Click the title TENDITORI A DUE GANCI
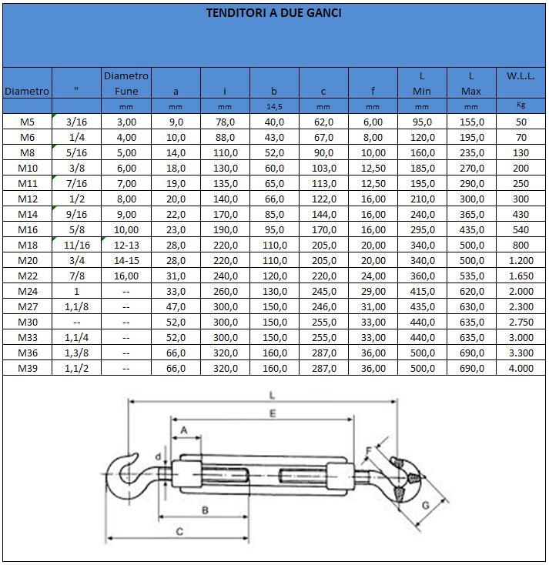[x=273, y=13]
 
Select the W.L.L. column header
[x=521, y=76]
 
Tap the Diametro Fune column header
[x=126, y=83]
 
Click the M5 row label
[x=27, y=122]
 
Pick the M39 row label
[x=27, y=368]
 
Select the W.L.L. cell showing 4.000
[x=521, y=368]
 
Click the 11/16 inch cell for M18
[x=76, y=245]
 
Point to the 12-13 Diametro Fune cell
[x=126, y=245]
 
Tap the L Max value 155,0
[x=471, y=122]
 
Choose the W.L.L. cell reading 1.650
[x=521, y=276]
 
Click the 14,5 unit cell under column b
[x=274, y=106]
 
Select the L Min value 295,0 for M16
[x=422, y=229]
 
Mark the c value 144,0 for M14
[x=323, y=214]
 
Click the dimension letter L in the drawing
[x=274, y=394]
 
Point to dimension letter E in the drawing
[x=263, y=413]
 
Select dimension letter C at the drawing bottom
[x=179, y=531]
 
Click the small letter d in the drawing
[x=158, y=456]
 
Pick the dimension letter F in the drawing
[x=368, y=451]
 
